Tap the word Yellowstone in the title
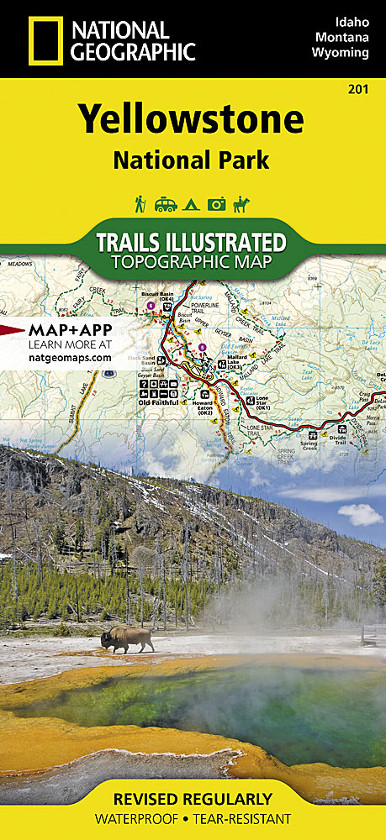(192, 119)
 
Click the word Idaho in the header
(352, 19)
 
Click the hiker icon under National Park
(140, 203)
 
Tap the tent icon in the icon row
(192, 204)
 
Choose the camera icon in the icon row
(217, 204)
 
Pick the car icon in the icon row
(166, 204)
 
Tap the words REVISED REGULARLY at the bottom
(192, 798)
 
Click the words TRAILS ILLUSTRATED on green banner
(192, 242)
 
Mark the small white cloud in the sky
(360, 513)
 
